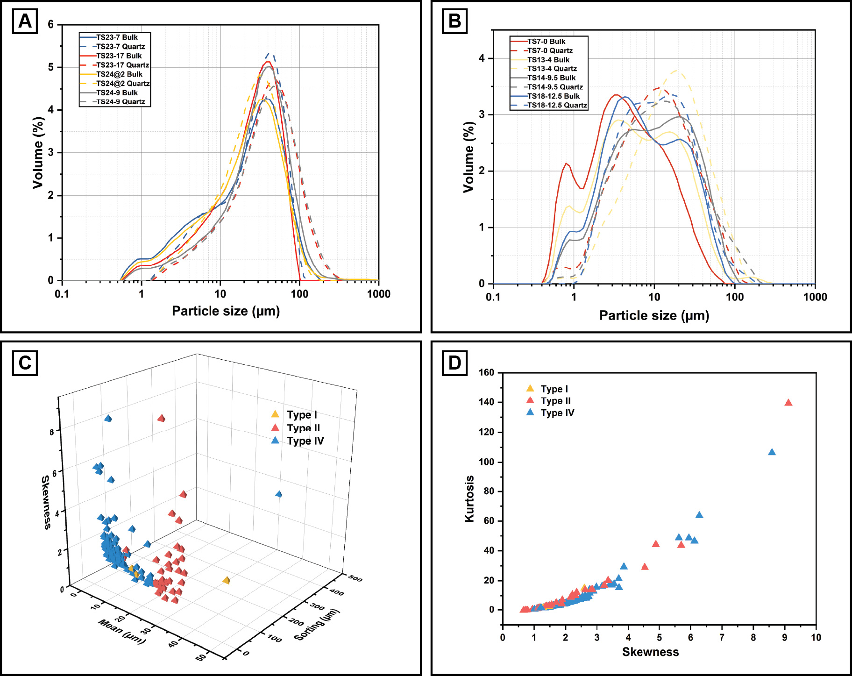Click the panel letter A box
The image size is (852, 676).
click(25, 21)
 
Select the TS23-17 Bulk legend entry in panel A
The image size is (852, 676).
click(119, 56)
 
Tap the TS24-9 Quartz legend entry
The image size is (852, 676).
click(121, 102)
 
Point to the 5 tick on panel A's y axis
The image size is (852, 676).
click(51, 67)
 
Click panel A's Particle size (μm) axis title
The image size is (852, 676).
click(226, 311)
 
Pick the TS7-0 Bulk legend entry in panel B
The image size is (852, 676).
click(546, 42)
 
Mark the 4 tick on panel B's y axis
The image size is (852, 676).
click(482, 58)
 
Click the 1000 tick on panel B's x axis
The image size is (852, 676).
click(815, 297)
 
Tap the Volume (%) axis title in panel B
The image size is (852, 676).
click(469, 157)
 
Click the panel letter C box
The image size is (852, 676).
click(25, 363)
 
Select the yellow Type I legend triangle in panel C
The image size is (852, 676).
click(275, 414)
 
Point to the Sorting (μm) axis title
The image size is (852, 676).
click(317, 625)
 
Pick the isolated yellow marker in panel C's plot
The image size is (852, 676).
click(227, 580)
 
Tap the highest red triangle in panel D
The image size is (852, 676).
click(788, 403)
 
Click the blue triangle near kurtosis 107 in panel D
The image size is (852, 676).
click(772, 452)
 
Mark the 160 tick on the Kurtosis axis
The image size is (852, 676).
click(486, 372)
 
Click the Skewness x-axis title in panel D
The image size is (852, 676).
click(650, 652)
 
